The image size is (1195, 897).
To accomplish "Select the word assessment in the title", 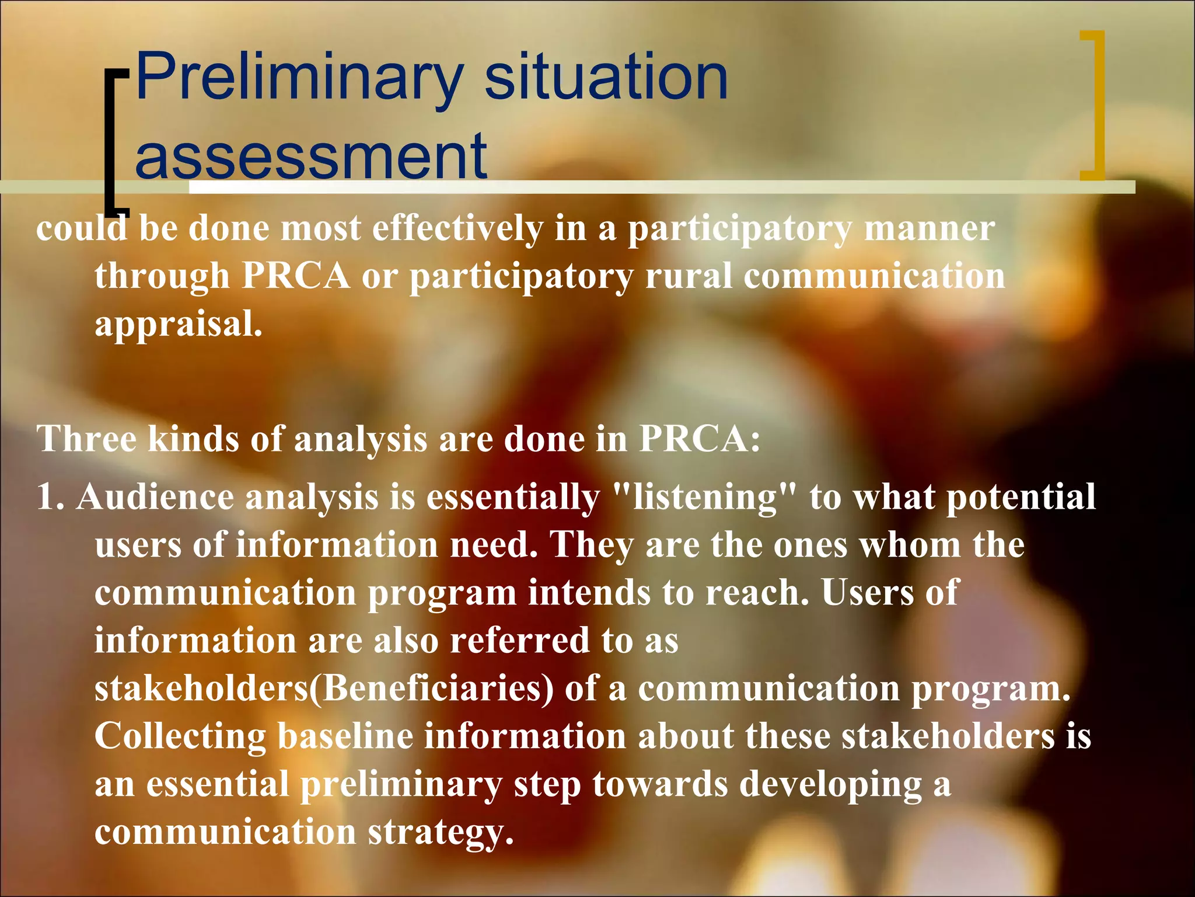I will click(x=311, y=157).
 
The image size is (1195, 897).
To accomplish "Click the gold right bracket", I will click(x=1095, y=105).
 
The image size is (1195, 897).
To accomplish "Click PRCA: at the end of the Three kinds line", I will click(x=700, y=439).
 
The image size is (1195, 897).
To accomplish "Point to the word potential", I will click(x=1021, y=498).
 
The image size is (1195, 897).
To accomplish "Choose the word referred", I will click(x=519, y=641).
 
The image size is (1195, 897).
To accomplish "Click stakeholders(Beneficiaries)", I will click(x=324, y=689).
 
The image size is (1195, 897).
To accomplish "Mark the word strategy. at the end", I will click(x=441, y=833).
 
